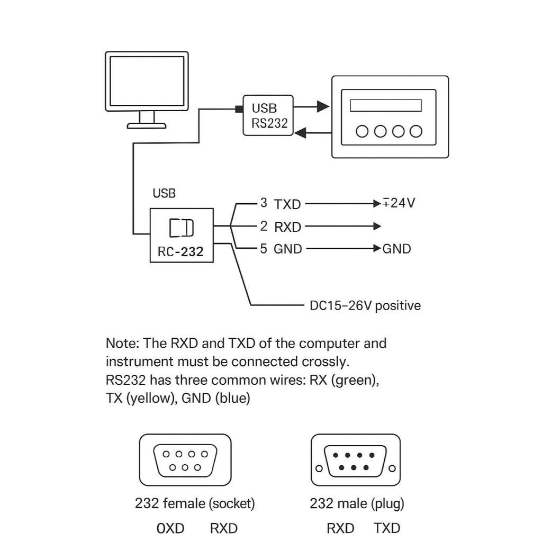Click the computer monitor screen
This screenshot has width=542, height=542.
[x=147, y=81]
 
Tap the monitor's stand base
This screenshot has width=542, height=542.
[x=147, y=126]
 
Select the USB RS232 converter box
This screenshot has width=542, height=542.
[x=268, y=115]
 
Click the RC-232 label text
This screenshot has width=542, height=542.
[x=180, y=251]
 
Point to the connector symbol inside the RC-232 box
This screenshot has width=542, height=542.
[x=181, y=228]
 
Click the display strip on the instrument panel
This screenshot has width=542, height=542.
[x=386, y=105]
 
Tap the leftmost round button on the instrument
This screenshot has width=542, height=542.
[x=362, y=131]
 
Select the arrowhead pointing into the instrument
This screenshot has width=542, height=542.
[x=323, y=106]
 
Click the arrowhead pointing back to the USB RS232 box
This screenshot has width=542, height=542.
[x=300, y=132]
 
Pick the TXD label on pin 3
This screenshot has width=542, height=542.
[x=287, y=204]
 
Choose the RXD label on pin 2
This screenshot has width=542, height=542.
[x=287, y=227]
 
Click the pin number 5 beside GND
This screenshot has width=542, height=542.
[x=264, y=249]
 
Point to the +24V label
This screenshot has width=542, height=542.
[x=399, y=203]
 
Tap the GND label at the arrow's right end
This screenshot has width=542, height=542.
[x=396, y=249]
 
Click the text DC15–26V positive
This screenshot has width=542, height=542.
[x=365, y=305]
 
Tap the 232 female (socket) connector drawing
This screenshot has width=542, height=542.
[x=185, y=460]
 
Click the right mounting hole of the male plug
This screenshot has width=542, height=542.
[x=392, y=469]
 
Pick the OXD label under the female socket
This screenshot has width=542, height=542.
[x=170, y=528]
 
